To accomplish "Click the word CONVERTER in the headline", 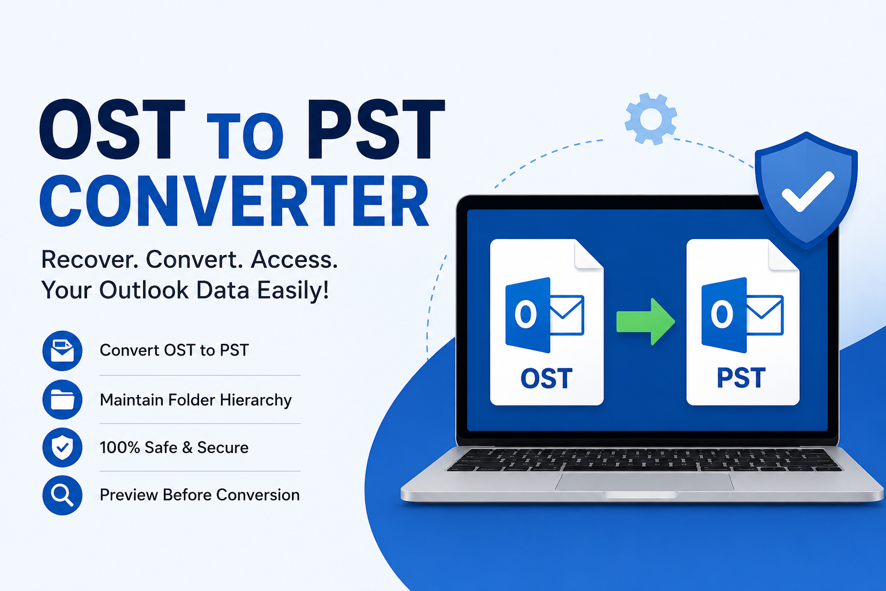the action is [234, 201].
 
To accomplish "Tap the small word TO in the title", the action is [245, 136].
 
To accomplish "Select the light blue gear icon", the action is [651, 119].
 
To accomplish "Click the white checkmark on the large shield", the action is [808, 191].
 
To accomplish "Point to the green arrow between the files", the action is [645, 321].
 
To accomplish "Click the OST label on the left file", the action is [546, 378].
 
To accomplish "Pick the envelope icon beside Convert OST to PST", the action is [62, 351].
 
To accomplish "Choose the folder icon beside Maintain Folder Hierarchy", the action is [62, 399].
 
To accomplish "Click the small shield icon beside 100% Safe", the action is [62, 447].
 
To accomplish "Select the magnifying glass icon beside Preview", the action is [62, 495].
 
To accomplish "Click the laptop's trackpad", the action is [645, 481].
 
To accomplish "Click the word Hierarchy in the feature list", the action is [256, 400].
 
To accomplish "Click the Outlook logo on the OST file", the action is [545, 315].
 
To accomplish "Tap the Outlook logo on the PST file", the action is [742, 315].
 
